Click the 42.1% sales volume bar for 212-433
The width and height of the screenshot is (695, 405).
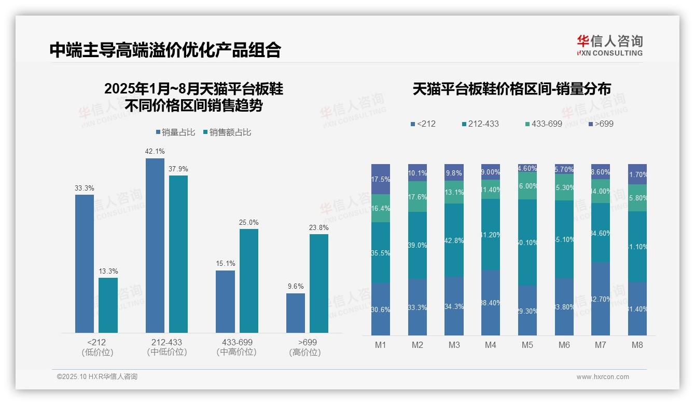(155, 245)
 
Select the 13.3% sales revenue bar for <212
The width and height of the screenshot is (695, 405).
(108, 305)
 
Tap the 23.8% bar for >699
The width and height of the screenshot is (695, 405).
(319, 283)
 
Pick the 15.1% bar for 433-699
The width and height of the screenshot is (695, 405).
(225, 301)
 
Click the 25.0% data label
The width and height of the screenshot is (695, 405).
(248, 222)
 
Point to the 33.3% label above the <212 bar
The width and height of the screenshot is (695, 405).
(85, 188)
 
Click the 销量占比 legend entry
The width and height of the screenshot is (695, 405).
(175, 132)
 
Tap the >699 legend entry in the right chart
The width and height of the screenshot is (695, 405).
(601, 124)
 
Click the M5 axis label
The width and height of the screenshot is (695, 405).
(527, 345)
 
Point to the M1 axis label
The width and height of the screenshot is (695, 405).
(381, 345)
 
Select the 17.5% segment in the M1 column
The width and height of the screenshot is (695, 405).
(381, 179)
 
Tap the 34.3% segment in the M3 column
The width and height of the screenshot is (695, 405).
(454, 306)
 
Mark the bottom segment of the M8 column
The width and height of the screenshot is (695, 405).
(637, 309)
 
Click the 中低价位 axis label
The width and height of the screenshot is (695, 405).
(167, 352)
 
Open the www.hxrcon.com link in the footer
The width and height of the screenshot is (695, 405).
(603, 377)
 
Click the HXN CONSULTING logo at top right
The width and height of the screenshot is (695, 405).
(609, 46)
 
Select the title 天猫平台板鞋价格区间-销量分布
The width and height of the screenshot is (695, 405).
(511, 89)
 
